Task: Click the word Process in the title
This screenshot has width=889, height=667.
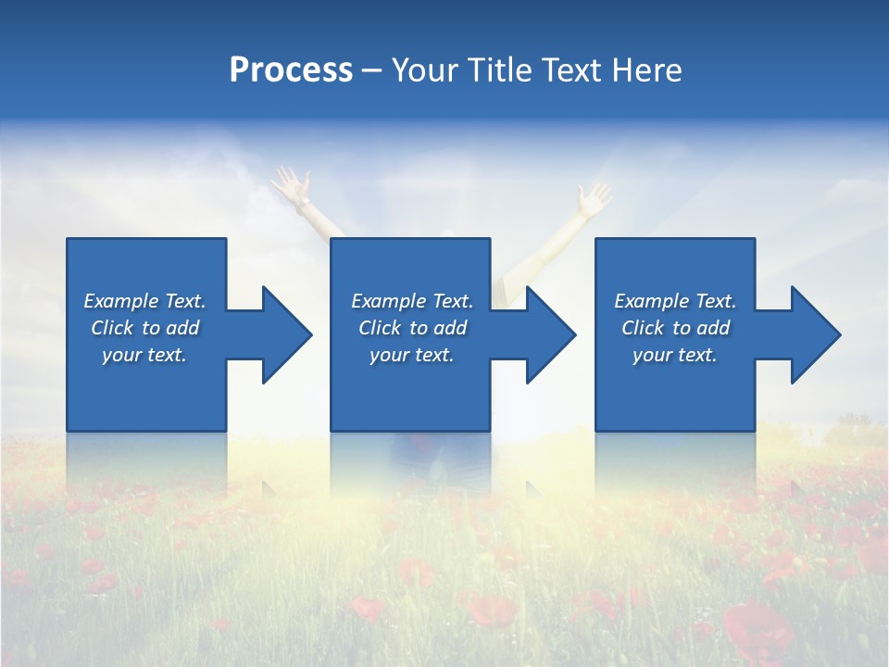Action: click(291, 70)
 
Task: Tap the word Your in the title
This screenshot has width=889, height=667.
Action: click(426, 70)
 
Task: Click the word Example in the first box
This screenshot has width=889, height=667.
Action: click(120, 301)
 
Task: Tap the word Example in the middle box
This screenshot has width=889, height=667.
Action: click(388, 301)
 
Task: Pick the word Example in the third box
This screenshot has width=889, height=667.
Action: click(651, 301)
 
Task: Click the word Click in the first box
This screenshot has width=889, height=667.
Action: click(112, 328)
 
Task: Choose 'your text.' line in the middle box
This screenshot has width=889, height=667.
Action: click(411, 355)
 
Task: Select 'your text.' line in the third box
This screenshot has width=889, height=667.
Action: click(674, 355)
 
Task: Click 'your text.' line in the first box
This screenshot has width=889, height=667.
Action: click(144, 355)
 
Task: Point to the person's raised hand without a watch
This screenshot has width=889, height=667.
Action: click(594, 196)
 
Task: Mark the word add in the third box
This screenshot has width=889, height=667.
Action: click(713, 328)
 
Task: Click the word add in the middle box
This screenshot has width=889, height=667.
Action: click(450, 328)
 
